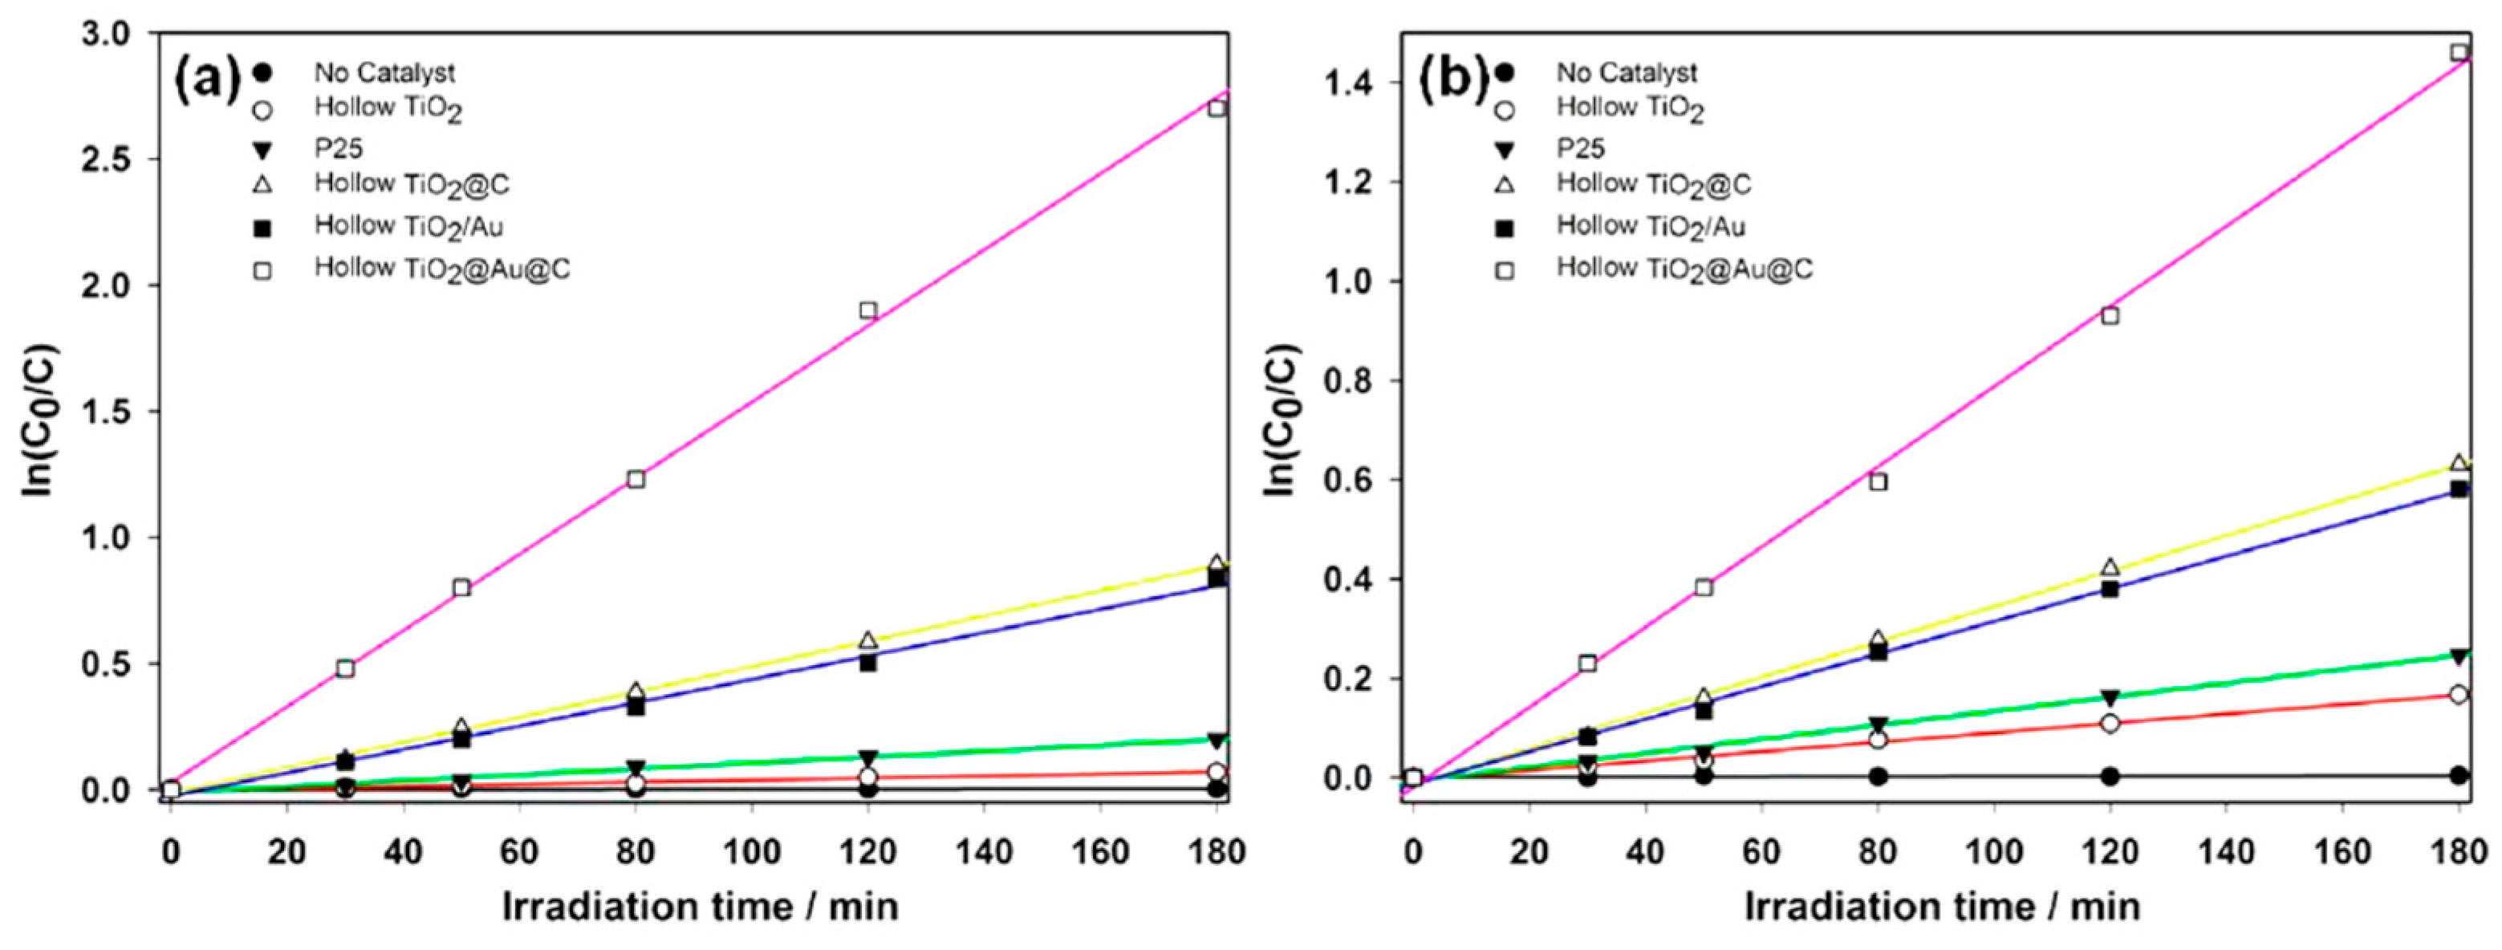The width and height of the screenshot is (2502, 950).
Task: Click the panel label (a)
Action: point(208,79)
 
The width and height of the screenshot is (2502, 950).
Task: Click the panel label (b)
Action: point(1453,79)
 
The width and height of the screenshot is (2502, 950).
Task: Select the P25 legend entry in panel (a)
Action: point(338,148)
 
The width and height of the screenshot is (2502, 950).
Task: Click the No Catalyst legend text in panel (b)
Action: point(1627,73)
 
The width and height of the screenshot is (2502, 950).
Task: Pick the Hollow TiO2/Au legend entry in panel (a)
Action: point(408,226)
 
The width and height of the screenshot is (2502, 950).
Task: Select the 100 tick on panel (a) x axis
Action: point(752,853)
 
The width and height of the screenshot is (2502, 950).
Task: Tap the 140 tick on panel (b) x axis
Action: point(2226,853)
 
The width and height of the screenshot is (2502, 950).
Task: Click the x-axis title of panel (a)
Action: point(699,907)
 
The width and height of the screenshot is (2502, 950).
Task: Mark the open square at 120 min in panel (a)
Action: point(868,311)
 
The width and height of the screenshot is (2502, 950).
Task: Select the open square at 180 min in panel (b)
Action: point(2459,52)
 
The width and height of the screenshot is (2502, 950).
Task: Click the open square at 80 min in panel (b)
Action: point(1878,481)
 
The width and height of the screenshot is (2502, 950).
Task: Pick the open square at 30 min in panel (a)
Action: point(345,668)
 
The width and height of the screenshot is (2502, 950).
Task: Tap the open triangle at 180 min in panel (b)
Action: point(2459,463)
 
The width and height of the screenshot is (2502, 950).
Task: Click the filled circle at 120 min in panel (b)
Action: point(2110,776)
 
